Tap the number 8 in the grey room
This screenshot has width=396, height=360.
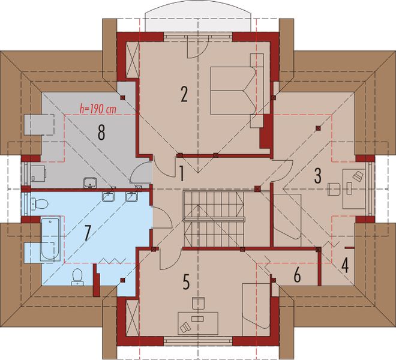coord(101,133)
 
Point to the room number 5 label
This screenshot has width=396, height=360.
coord(185,281)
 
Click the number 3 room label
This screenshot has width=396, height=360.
coord(318,176)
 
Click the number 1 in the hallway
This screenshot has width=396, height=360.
coord(180,174)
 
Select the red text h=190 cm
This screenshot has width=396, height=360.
coord(98,110)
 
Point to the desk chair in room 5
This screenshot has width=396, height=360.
coord(186,326)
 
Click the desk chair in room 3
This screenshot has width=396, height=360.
coord(358,175)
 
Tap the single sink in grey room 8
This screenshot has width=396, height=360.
coord(91,182)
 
